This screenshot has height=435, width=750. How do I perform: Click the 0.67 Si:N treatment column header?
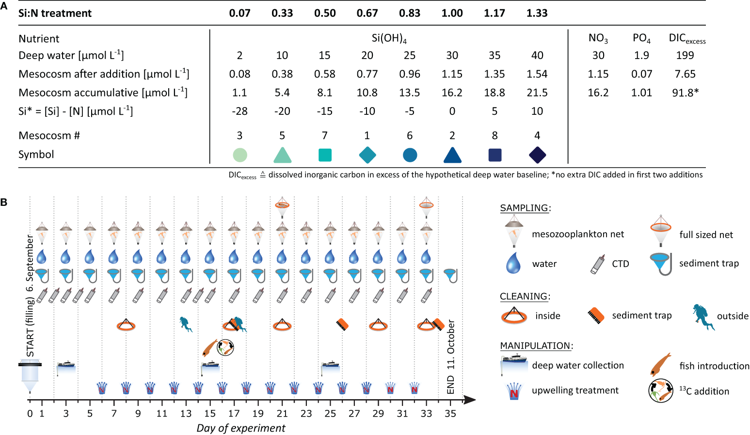[x=367, y=13]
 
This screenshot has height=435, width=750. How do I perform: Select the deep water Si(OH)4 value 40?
[x=537, y=55]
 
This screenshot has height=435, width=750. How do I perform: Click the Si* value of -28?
[x=239, y=111]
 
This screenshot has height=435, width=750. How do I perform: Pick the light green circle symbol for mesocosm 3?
[x=239, y=155]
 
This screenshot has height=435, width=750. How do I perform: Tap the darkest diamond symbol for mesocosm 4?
[x=537, y=155]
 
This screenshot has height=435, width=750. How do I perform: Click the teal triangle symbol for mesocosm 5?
[x=282, y=155]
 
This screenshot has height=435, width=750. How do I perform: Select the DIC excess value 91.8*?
[x=685, y=93]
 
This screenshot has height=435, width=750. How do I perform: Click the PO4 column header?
[x=641, y=38]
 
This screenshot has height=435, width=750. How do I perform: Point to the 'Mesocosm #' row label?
[x=49, y=136]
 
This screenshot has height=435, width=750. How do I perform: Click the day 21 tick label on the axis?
[x=282, y=414]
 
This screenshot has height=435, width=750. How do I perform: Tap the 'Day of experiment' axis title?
[x=241, y=428]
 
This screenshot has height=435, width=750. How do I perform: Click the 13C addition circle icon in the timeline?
[x=225, y=347]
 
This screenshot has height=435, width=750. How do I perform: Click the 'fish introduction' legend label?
[x=714, y=366]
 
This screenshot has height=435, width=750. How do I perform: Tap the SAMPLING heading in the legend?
[x=525, y=208]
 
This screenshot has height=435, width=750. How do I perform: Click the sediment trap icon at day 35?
[x=450, y=276]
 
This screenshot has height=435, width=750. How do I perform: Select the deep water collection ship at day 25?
[x=330, y=365]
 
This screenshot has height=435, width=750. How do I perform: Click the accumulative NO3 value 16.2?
[x=598, y=93]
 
